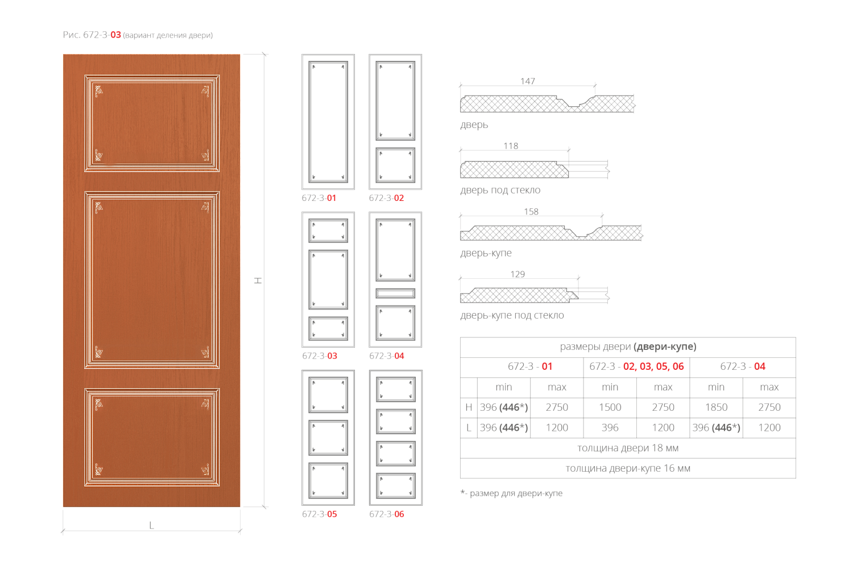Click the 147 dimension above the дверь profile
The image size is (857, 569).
(527, 81)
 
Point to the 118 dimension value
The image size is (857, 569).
(511, 146)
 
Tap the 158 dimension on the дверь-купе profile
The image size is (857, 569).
(531, 211)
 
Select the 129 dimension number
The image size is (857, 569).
(517, 274)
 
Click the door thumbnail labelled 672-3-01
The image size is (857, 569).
(328, 122)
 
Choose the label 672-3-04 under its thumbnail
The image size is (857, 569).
(386, 356)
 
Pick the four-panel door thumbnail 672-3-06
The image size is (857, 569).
(396, 438)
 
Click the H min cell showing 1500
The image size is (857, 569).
(610, 407)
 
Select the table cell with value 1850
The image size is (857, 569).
(716, 407)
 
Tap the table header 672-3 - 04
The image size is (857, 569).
(743, 366)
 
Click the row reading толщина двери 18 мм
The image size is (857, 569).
(628, 448)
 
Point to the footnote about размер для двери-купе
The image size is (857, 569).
(511, 493)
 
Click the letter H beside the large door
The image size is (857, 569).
(258, 281)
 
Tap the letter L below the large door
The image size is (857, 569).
(151, 525)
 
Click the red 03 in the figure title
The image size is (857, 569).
(115, 35)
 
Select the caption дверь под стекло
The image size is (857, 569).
(500, 190)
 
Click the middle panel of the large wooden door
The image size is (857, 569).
(152, 280)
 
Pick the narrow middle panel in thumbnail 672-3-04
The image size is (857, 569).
(395, 293)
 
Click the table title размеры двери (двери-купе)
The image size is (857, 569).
(628, 347)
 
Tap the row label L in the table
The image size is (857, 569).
(469, 427)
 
